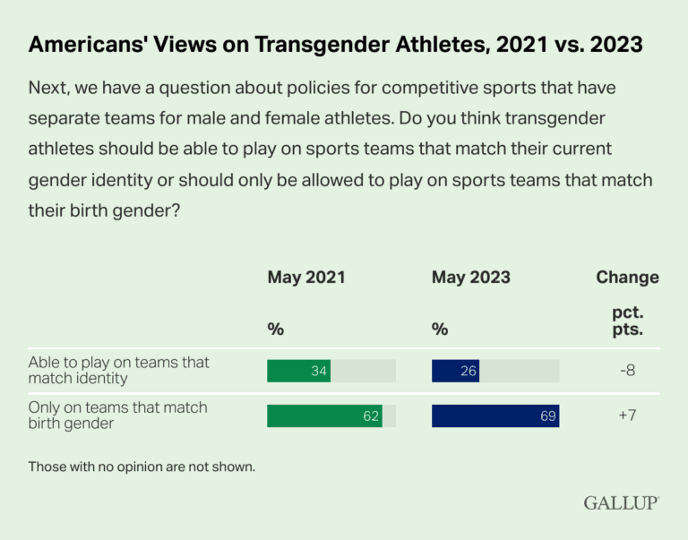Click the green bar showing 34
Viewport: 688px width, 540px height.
[x=299, y=371]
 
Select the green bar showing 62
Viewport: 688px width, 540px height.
[x=324, y=416]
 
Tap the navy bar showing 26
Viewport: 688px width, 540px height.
[x=455, y=371]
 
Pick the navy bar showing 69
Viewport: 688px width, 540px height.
[x=495, y=416]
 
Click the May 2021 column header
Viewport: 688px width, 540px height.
[x=305, y=277]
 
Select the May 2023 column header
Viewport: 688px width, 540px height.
[x=471, y=277]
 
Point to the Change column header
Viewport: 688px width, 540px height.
[x=627, y=277]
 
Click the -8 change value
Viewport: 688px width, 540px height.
[x=627, y=371]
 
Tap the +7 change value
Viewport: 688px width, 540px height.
[x=627, y=416]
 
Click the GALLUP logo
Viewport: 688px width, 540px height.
[x=621, y=502]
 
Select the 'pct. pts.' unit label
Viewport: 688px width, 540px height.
[x=627, y=320]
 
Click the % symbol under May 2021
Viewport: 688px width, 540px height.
[x=275, y=330]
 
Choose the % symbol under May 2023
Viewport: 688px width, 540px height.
[x=440, y=330]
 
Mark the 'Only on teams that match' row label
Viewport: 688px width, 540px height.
[x=117, y=416]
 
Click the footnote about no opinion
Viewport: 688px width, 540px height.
[x=142, y=467]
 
